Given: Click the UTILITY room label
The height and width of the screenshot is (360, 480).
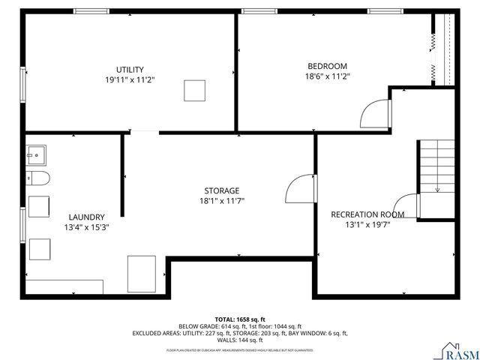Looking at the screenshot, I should (x=130, y=69).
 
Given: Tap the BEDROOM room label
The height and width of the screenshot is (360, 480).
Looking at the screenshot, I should (x=328, y=65).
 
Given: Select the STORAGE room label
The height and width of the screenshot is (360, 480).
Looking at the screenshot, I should (x=221, y=190).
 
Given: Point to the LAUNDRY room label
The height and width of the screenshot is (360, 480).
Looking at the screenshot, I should (x=86, y=217).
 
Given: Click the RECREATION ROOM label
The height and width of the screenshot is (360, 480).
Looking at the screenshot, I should (x=367, y=214).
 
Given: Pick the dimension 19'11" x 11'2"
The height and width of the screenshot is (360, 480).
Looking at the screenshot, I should (x=130, y=79).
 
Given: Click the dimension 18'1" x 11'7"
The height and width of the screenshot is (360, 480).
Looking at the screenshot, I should (x=221, y=201).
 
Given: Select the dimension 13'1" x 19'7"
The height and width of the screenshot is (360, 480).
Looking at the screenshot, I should (x=367, y=225).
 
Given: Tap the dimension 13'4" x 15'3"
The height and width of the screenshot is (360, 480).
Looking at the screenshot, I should (x=86, y=227).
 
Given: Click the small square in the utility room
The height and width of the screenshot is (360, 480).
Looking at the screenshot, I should (x=195, y=90).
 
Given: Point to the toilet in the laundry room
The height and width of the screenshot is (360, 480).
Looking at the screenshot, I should (x=37, y=178).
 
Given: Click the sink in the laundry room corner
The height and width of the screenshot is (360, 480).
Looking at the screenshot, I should (x=35, y=154).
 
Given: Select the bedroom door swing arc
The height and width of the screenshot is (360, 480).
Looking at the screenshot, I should (x=376, y=115).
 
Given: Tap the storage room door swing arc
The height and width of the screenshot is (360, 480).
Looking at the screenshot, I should (x=301, y=187).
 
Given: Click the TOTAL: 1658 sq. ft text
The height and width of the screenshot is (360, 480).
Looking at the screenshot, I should (x=240, y=319).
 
